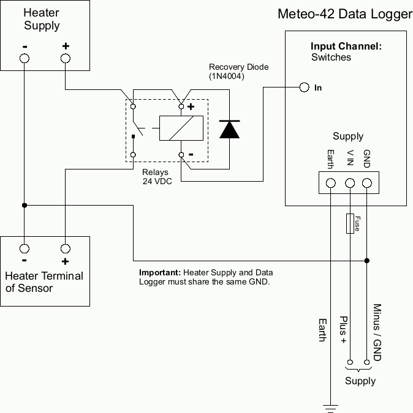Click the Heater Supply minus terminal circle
25,58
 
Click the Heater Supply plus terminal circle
66,58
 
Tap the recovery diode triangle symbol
229,129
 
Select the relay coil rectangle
181,128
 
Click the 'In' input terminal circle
305,87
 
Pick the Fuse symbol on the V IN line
350,223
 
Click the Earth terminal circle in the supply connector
331,182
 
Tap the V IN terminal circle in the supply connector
350,182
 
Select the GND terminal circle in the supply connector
366,182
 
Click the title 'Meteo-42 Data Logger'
345,14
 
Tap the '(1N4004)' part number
227,76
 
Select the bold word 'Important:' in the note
160,272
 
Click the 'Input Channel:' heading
346,46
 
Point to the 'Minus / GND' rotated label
377,332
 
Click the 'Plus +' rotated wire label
344,330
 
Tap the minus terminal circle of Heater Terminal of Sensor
25,248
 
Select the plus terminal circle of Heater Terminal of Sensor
65,248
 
